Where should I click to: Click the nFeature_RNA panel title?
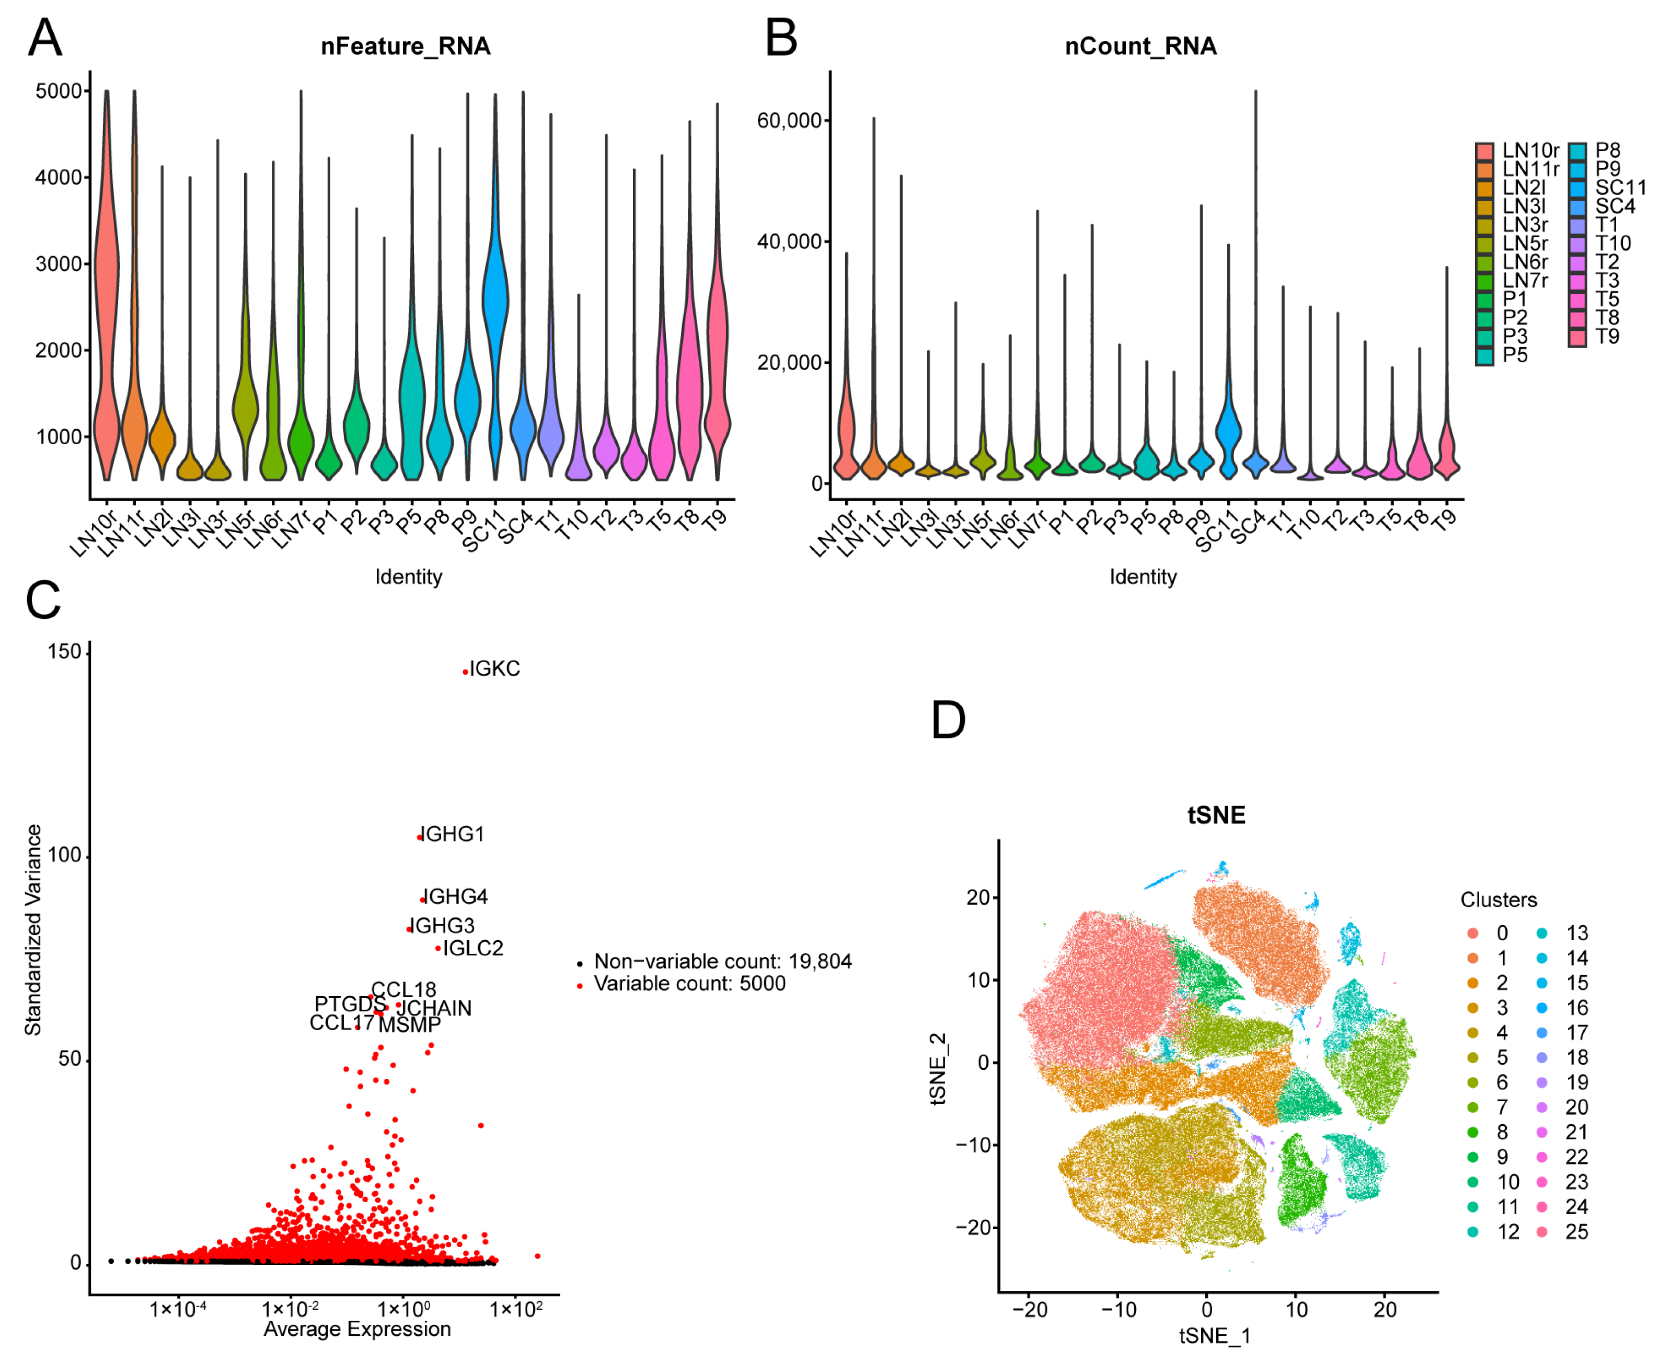click(x=406, y=47)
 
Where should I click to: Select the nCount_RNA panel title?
click(x=1140, y=47)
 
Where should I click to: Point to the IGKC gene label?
click(x=494, y=668)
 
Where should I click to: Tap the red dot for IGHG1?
click(x=420, y=838)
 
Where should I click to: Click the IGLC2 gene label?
click(x=473, y=948)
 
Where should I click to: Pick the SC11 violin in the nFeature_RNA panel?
click(x=495, y=298)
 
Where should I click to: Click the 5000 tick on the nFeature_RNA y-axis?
click(x=59, y=91)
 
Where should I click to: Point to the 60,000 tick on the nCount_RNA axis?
click(x=788, y=121)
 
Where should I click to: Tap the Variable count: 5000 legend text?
click(x=689, y=983)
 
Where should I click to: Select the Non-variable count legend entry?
click(x=722, y=961)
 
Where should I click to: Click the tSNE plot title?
click(x=1215, y=815)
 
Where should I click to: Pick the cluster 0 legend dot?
click(x=1472, y=933)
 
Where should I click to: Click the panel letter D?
click(x=948, y=720)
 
